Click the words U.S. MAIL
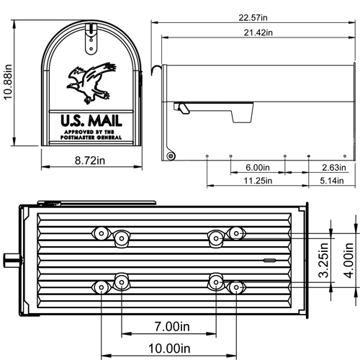pos(91,121)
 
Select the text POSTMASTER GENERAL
pos(91,137)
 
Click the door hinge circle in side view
pos(171,156)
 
